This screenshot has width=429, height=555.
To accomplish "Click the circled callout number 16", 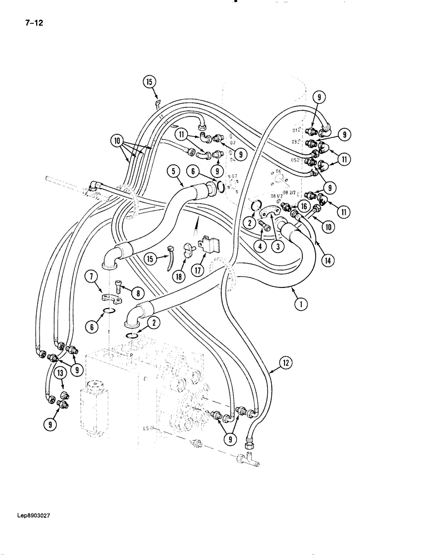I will coord(303,205).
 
